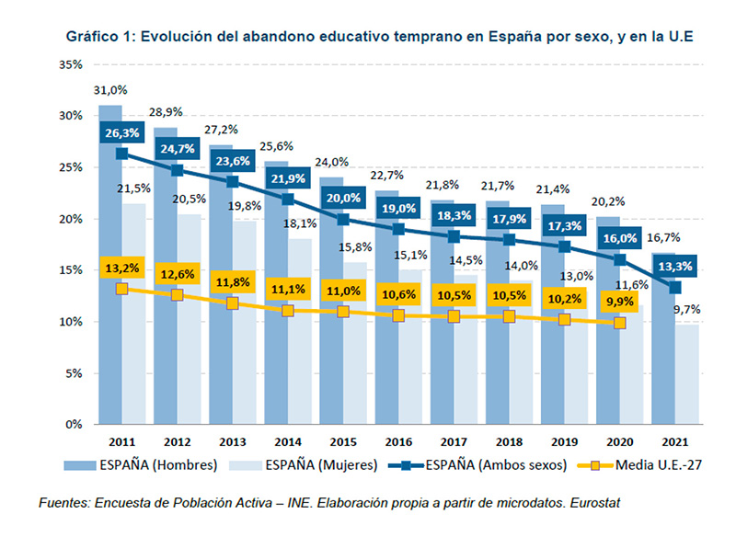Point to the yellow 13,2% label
122,268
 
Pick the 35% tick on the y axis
70,64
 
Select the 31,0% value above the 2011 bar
110,90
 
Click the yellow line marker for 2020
619,323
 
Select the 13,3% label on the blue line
674,267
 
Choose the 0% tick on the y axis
74,425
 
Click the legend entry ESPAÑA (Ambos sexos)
489,465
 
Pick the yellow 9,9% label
619,301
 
